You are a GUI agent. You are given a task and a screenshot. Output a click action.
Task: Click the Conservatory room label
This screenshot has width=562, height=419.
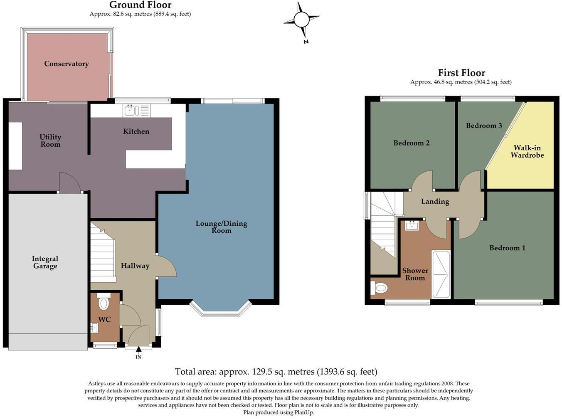coord(67,64)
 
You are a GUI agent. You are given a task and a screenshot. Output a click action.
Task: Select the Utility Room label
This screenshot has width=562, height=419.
coord(50,140)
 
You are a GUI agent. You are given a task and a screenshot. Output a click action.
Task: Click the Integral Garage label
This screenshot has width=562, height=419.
coord(45,262)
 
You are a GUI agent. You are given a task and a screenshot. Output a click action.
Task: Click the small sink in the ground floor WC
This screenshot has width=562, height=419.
coord(94,328)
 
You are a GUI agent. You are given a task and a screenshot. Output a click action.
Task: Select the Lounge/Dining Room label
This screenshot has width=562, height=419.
coord(221,227)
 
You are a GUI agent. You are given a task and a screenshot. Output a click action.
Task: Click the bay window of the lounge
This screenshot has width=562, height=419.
coord(221,312)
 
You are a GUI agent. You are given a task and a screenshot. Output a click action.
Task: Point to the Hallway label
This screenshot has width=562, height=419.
coord(135,266)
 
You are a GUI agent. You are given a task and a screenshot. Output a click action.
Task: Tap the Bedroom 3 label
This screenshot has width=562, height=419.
coord(484,126)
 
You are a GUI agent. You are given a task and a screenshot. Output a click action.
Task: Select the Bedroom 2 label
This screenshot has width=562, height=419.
coord(411,143)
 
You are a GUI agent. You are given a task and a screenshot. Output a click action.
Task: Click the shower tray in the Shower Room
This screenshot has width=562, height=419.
coord(441,274)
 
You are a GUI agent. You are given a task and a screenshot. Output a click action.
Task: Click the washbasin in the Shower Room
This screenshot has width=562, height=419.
coord(412,226)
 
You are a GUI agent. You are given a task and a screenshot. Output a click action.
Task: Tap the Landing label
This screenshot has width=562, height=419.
coord(435,202)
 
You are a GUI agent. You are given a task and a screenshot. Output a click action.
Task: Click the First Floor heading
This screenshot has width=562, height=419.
coord(461,73)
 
